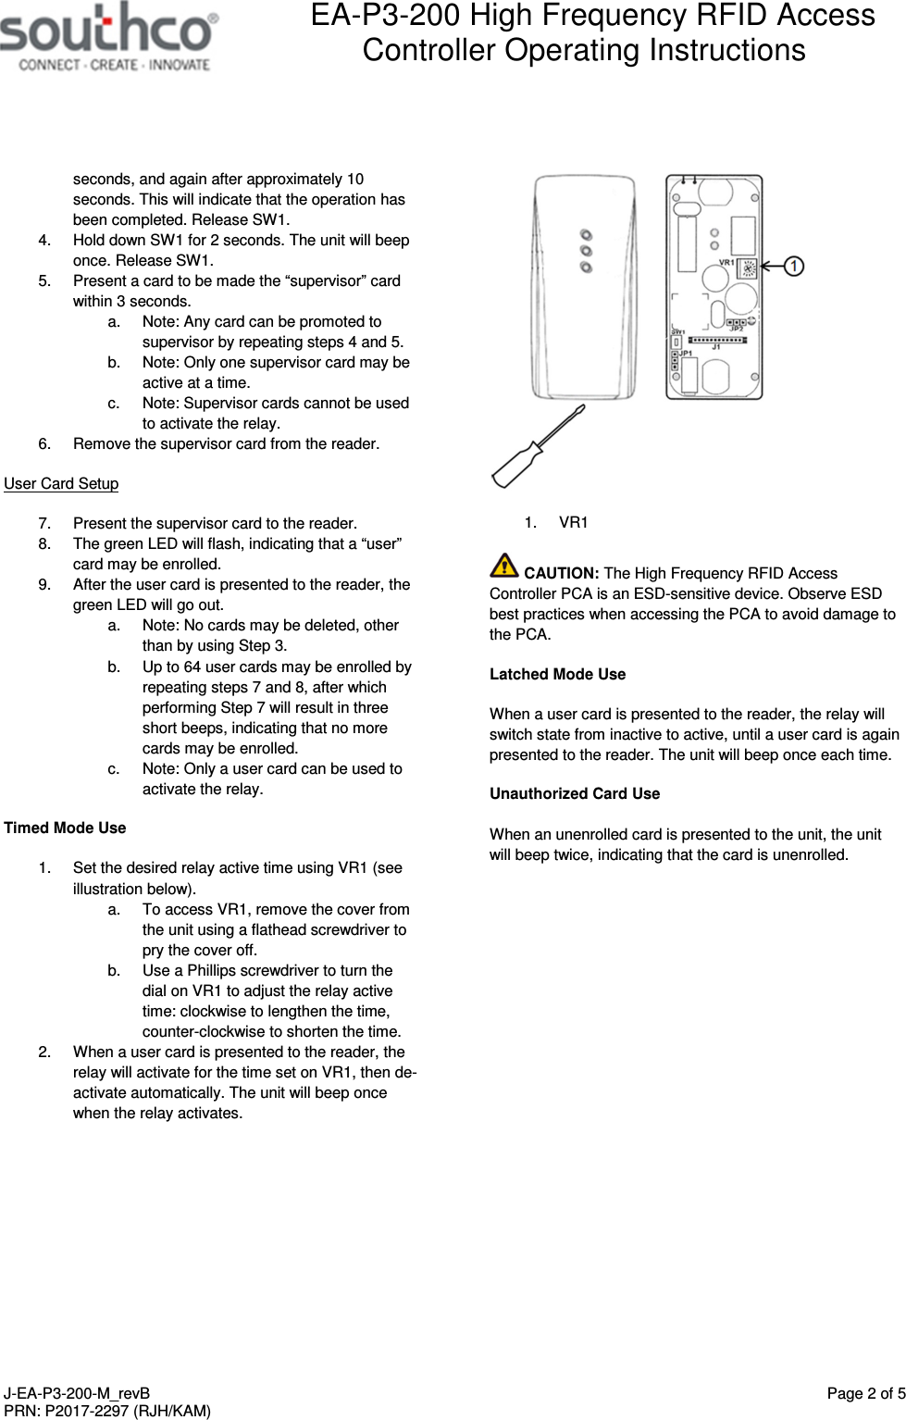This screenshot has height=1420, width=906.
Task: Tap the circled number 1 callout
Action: click(794, 267)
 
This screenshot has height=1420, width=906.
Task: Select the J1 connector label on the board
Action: click(716, 347)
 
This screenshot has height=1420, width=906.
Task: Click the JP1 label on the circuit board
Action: click(686, 354)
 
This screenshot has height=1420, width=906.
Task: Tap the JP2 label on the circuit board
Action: click(737, 329)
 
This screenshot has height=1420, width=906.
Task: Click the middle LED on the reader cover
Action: click(586, 251)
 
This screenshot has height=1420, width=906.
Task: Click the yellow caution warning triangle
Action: click(504, 565)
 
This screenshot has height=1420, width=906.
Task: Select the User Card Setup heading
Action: click(61, 483)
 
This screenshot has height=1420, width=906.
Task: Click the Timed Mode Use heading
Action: click(65, 828)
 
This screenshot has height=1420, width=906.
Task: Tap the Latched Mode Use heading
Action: click(557, 674)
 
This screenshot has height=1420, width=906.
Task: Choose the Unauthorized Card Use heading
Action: click(574, 793)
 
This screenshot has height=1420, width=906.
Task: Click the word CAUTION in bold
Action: click(561, 573)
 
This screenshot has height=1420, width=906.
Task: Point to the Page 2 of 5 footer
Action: click(865, 1393)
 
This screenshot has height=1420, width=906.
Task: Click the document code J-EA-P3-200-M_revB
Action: click(77, 1393)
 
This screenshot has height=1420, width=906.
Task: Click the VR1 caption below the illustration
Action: click(573, 522)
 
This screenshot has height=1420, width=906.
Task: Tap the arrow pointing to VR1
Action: click(771, 267)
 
